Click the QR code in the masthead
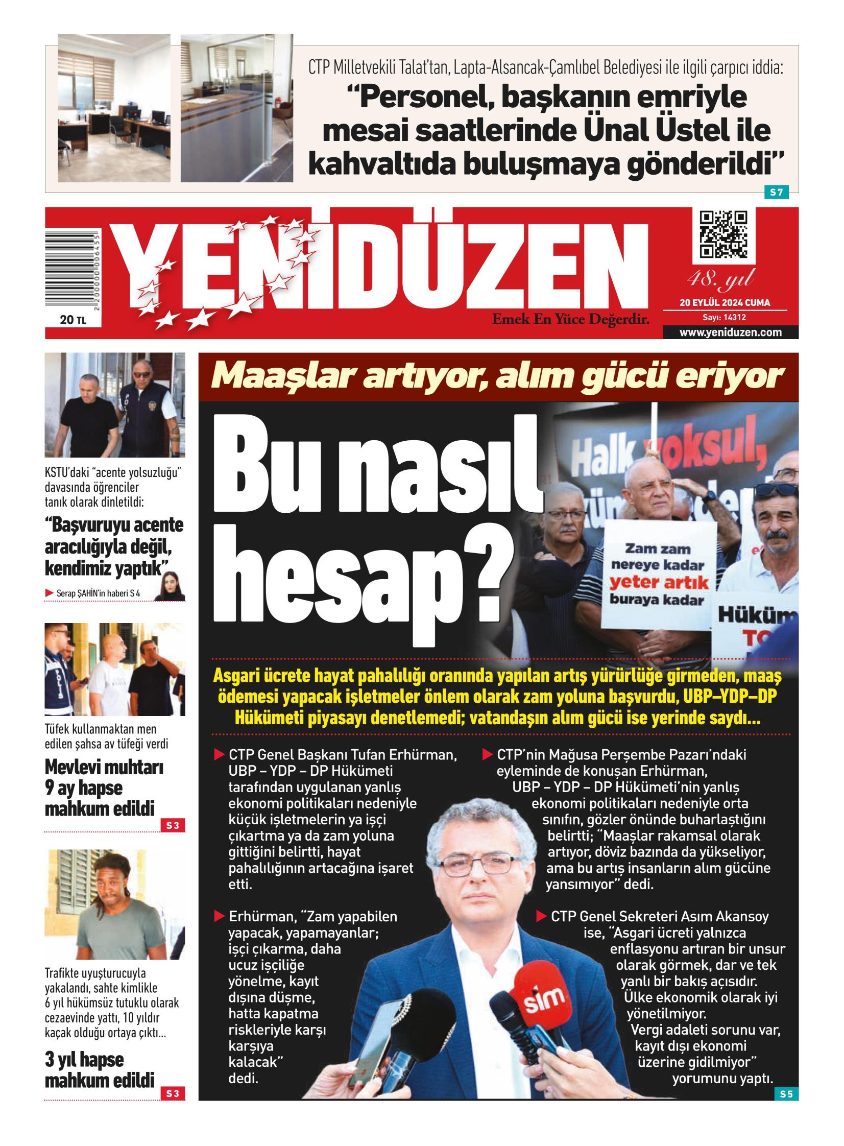(x=724, y=234)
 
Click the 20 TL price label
(x=73, y=320)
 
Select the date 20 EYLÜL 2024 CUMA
(x=725, y=302)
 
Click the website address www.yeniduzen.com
(x=730, y=332)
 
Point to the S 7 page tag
(x=776, y=193)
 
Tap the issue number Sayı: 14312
(x=724, y=317)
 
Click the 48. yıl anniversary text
(x=720, y=279)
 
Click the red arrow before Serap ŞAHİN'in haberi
(x=50, y=593)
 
